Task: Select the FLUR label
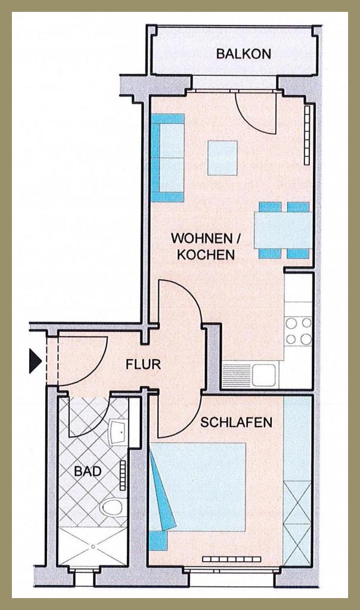[143, 364]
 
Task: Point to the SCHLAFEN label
[236, 422]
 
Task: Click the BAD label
[88, 472]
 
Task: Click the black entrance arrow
[35, 361]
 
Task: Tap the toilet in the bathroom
[113, 508]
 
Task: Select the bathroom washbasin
[119, 432]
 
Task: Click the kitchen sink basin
[263, 375]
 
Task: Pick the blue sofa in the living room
[167, 157]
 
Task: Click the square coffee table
[222, 158]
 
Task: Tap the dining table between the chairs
[283, 231]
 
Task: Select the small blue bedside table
[158, 540]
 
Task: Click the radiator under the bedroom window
[232, 559]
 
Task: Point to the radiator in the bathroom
[123, 475]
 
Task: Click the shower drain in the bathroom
[93, 547]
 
